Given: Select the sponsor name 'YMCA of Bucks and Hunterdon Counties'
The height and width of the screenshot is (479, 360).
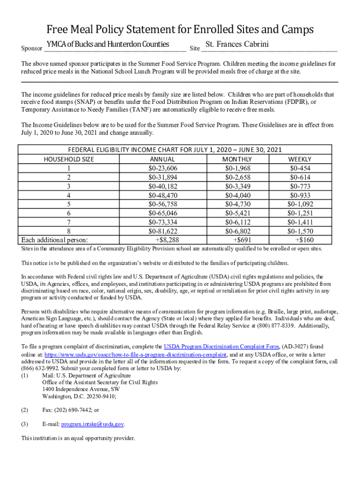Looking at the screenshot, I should coord(108,44).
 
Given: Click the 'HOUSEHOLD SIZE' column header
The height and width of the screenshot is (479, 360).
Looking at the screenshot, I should coord(69,159).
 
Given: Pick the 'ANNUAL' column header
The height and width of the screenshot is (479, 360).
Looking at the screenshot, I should coord(163,159).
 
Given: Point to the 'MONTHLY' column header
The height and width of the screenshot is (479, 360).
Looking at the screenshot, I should coord(238,159).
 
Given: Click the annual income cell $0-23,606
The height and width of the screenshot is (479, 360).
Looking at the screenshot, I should coord(163,168).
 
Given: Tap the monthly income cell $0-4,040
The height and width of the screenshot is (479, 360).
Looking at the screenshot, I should coord(238,195).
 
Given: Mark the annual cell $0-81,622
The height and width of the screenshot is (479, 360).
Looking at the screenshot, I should coord(163,231).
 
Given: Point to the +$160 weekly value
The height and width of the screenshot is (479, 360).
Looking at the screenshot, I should coord(304,240).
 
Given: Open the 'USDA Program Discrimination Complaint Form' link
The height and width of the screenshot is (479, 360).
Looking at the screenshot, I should coord(221,347).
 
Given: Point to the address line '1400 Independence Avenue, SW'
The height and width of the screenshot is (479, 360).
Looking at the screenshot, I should coord(80,389).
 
